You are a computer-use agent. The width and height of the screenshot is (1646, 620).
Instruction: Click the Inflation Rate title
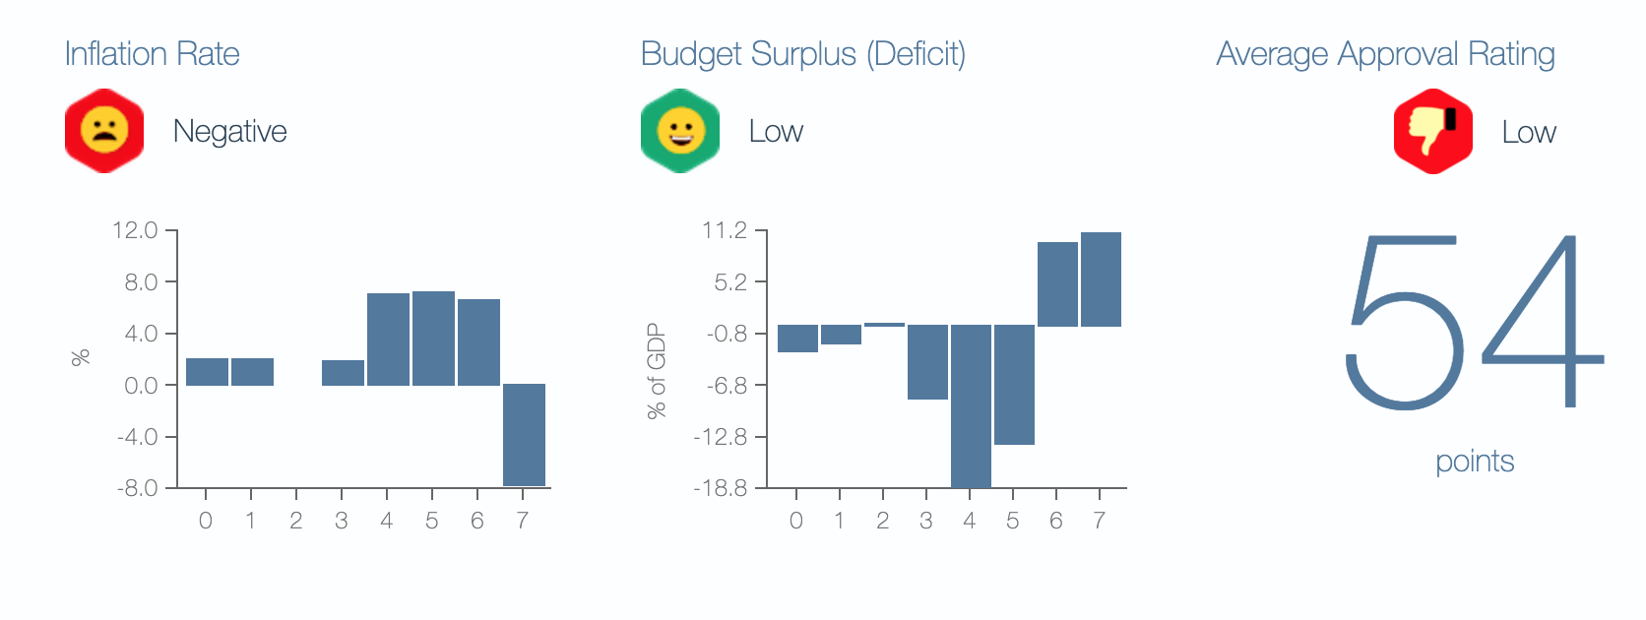tap(152, 54)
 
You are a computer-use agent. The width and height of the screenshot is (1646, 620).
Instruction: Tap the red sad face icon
tap(104, 131)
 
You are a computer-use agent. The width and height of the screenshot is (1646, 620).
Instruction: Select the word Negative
tap(229, 132)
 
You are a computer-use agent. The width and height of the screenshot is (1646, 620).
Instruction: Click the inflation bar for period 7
tap(524, 434)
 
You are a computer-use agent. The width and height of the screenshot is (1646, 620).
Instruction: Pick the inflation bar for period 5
tap(433, 338)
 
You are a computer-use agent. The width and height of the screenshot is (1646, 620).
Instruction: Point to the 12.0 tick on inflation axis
tap(136, 230)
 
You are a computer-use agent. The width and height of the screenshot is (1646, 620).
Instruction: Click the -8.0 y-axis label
tap(138, 488)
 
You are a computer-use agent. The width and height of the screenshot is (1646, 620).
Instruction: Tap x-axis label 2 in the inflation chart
tap(295, 521)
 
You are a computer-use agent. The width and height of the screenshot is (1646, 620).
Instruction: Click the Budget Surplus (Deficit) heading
tap(802, 54)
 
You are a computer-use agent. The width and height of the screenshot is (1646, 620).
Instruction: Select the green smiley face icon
tap(680, 131)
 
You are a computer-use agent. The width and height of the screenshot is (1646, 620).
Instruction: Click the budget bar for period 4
tap(971, 405)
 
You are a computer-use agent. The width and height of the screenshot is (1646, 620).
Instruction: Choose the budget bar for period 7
tap(1101, 279)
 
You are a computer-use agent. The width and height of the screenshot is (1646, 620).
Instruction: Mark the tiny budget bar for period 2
tap(884, 324)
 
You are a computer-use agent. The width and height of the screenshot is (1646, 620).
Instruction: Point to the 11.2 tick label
tap(725, 230)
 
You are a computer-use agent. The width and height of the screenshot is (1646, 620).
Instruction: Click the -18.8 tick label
tap(721, 488)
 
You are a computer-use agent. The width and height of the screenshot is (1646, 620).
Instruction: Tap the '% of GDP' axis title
tap(657, 371)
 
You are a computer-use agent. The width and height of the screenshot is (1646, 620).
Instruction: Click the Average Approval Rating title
tap(1385, 54)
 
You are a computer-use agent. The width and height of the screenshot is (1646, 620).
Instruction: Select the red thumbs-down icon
tap(1432, 132)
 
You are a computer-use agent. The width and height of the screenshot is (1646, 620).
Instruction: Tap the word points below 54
tap(1474, 462)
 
